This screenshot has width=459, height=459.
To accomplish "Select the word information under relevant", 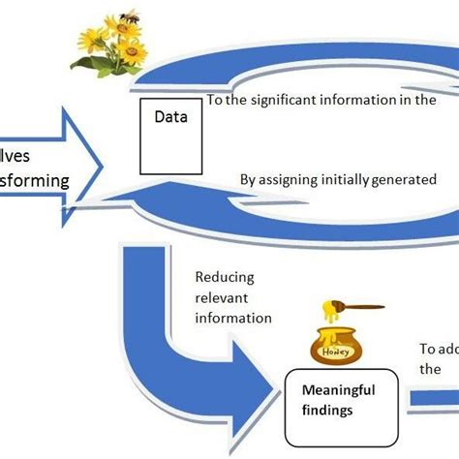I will [x=233, y=316].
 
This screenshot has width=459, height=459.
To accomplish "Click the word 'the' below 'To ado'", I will [x=431, y=369].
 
